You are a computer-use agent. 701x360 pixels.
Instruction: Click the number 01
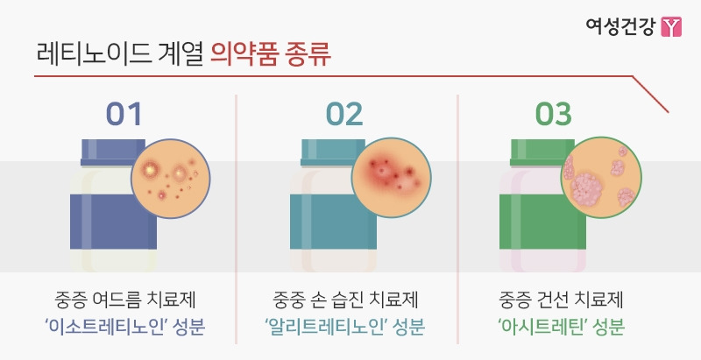pos(123,114)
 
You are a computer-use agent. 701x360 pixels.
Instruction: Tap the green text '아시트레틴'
pos(543,328)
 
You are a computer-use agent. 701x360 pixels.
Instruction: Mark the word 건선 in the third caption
pos(558,302)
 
